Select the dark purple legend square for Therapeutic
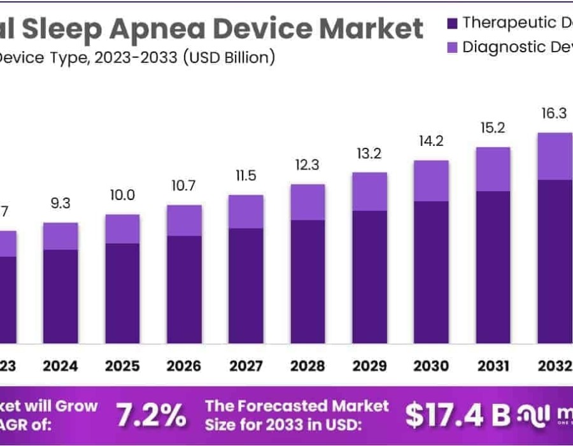point(453,24)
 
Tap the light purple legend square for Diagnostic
point(453,47)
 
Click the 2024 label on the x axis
point(60,366)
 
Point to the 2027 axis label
point(246,366)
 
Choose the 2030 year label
point(432,366)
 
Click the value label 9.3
point(60,205)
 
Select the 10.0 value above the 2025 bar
point(122,195)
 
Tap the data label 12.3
point(308,165)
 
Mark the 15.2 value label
point(493,128)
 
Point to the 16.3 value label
point(555,113)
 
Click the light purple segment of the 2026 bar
point(184,220)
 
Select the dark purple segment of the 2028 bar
point(308,280)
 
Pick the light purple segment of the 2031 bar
point(493,169)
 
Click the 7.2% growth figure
point(151,415)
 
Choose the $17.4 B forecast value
point(458,415)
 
